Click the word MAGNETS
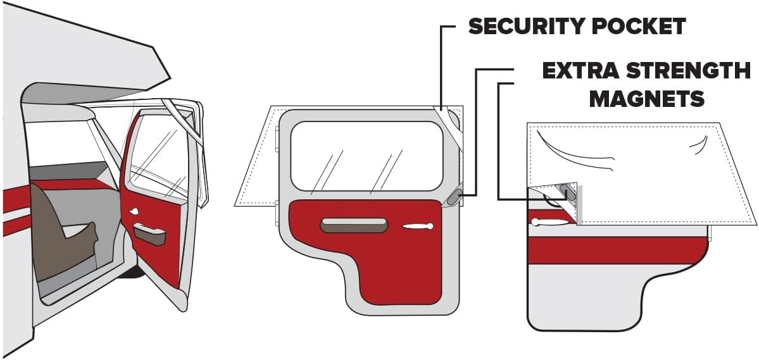[646, 99]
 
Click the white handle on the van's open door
[135, 211]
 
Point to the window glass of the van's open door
[158, 158]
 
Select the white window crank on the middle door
[417, 226]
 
